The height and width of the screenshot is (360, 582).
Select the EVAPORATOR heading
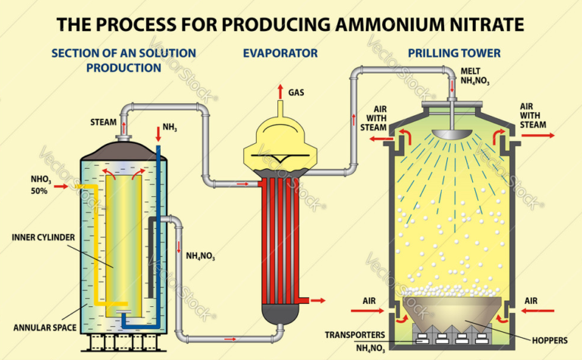[280, 53]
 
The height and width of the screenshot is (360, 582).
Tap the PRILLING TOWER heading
[454, 53]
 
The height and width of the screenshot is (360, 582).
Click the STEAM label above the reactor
[104, 122]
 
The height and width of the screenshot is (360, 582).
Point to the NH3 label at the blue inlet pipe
[171, 128]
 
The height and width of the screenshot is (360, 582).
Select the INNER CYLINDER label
[43, 236]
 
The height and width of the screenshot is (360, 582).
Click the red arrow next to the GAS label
[280, 91]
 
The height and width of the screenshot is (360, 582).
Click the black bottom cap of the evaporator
[280, 311]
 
